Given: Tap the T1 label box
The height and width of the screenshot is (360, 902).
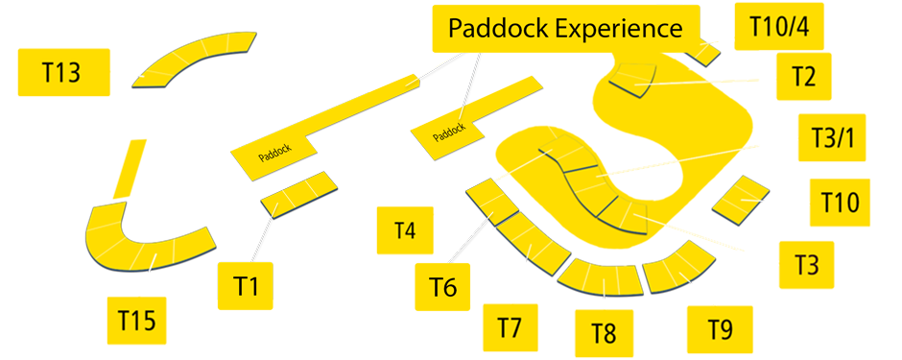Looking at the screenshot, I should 248,285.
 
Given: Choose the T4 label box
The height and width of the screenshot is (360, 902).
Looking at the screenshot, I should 405,229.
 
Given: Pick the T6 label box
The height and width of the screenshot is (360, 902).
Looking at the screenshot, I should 442,285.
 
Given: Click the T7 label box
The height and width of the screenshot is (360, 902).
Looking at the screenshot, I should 510,326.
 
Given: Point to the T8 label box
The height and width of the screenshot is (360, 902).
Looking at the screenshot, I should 603,333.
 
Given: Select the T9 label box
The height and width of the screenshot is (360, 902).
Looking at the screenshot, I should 720,329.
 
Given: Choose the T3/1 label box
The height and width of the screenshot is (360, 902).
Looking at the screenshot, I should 831,137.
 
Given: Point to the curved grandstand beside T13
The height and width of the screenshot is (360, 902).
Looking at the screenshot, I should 196,60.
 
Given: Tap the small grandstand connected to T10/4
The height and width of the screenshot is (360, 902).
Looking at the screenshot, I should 705,51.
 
